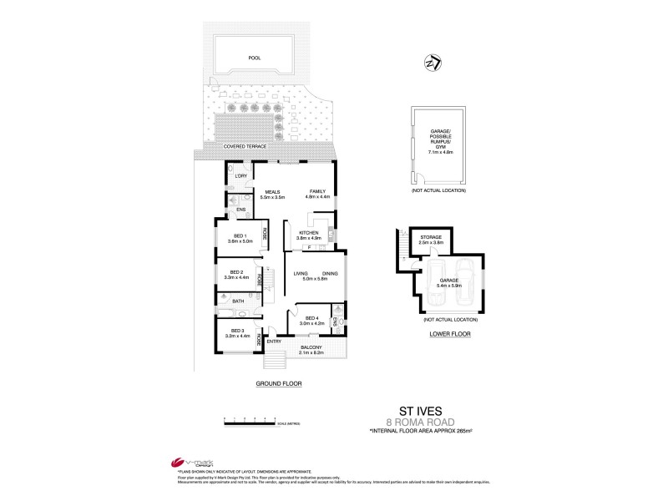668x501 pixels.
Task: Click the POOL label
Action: point(255,59)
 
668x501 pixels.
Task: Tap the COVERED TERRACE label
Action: point(245,146)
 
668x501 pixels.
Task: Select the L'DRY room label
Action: point(240,176)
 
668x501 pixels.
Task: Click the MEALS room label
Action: point(272,191)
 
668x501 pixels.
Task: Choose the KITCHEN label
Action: point(308,233)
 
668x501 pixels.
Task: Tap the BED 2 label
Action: point(235,272)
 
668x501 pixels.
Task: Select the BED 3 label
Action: point(236,331)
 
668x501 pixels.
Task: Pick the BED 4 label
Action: point(311,318)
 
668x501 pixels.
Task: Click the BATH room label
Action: point(238,301)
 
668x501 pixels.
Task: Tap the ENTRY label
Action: point(274,342)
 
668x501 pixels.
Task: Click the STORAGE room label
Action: point(431,237)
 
